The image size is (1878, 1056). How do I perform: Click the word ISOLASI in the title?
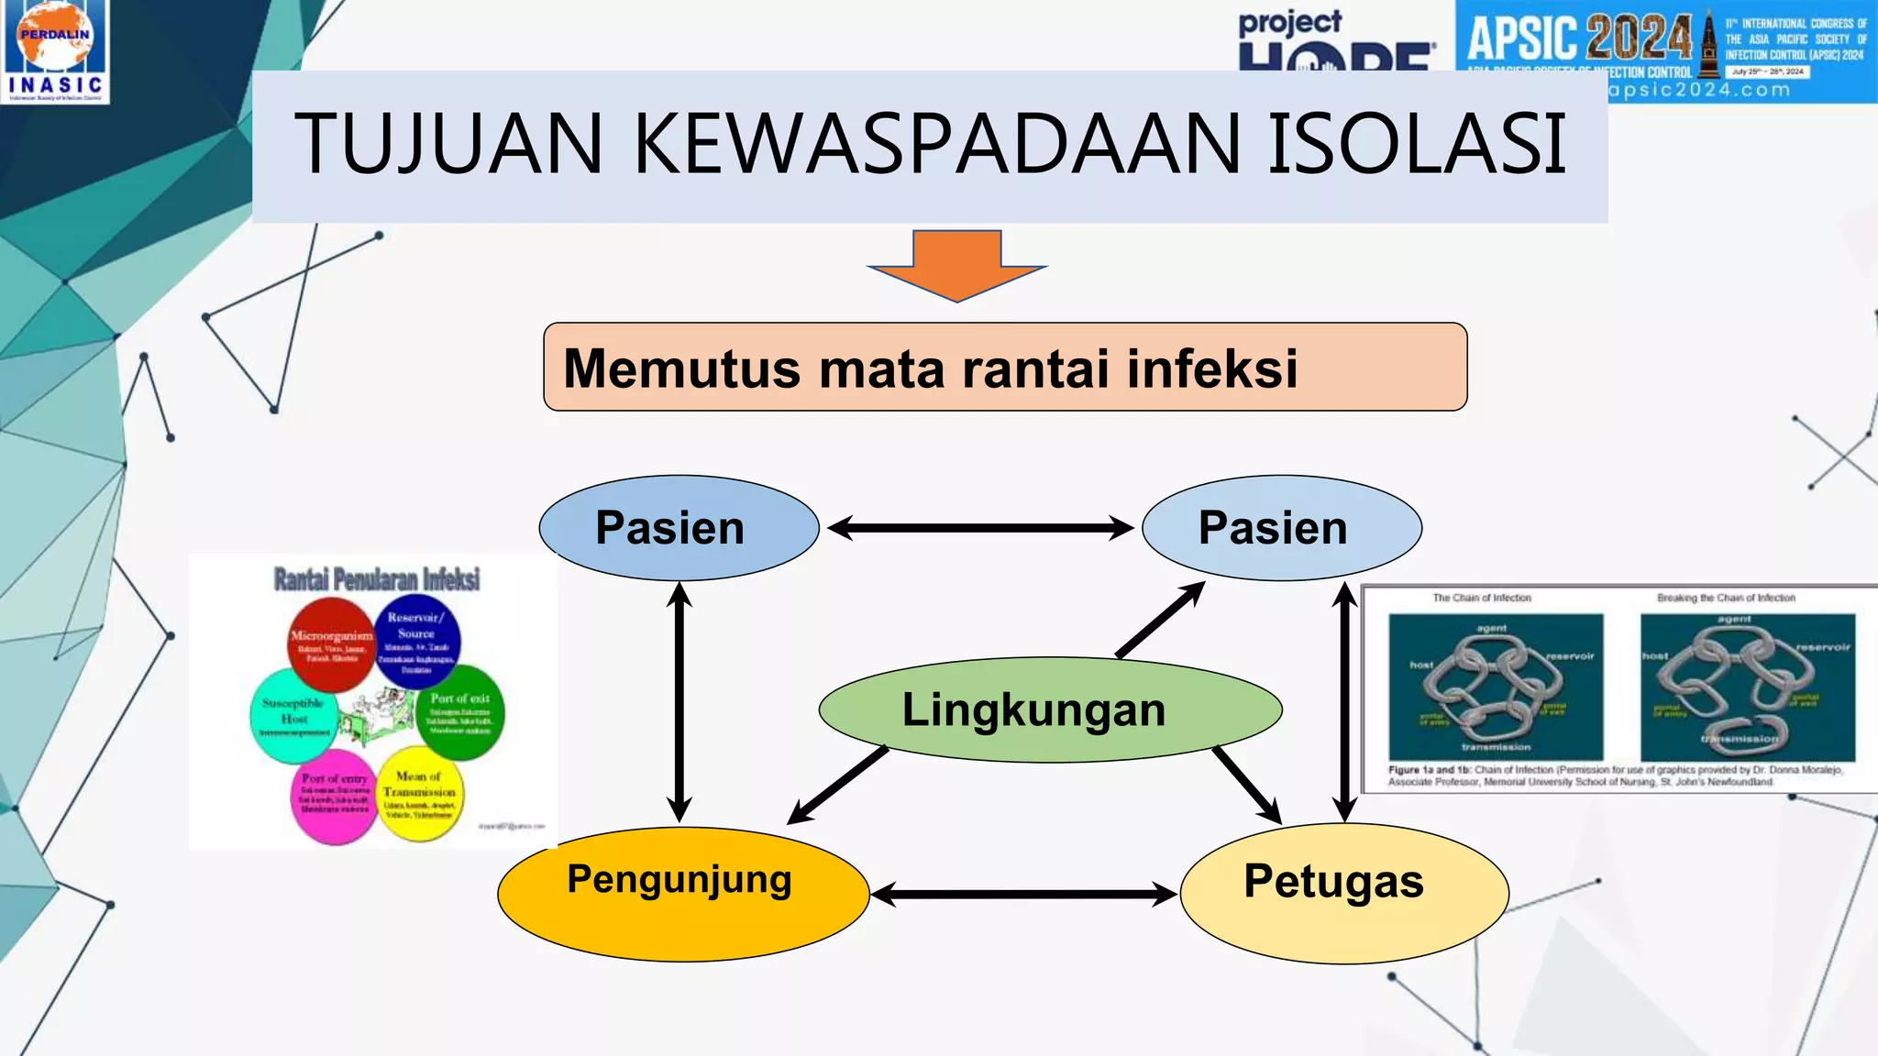coord(1417,144)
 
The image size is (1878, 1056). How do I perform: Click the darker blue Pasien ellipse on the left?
coord(679,528)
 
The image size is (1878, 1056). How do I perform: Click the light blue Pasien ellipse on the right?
coord(1281,528)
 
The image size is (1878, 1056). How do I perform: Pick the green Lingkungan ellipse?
coord(1049,709)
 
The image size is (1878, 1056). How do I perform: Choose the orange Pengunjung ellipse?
coord(682,894)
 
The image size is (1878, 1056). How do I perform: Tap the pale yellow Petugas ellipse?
coord(1343,893)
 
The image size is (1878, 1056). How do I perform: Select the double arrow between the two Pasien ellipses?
coord(980,528)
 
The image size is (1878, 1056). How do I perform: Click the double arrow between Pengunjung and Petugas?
coord(1023,894)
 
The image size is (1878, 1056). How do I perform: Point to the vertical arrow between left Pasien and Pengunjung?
coord(679,702)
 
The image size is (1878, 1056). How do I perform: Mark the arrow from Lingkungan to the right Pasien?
coord(1160,620)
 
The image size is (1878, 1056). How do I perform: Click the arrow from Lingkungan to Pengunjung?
coord(838,785)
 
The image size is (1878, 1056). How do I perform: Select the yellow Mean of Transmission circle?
coord(420,794)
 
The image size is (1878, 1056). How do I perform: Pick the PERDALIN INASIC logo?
coord(56,51)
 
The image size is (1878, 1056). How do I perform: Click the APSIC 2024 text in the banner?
coord(1579,38)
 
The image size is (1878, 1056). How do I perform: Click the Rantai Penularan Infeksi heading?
coord(377,579)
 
